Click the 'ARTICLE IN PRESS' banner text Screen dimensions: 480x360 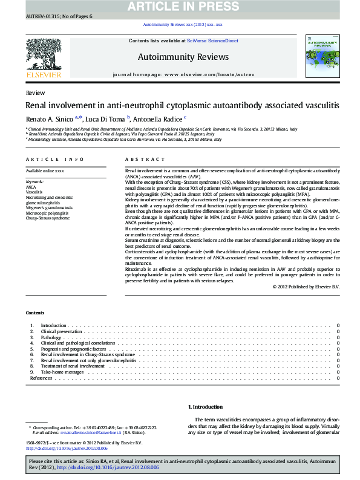[179, 7]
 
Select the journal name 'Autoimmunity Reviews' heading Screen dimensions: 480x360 [184, 57]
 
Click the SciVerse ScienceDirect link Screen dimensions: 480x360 [212, 41]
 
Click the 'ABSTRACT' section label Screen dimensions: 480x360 [145, 160]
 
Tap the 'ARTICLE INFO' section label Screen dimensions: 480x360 [54, 160]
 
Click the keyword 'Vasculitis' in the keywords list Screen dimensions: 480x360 [35, 192]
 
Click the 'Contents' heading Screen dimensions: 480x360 [35, 313]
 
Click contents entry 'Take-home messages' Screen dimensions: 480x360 [62, 372]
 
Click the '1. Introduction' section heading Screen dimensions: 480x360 [206, 407]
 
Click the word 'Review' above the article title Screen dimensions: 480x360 [34, 92]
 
